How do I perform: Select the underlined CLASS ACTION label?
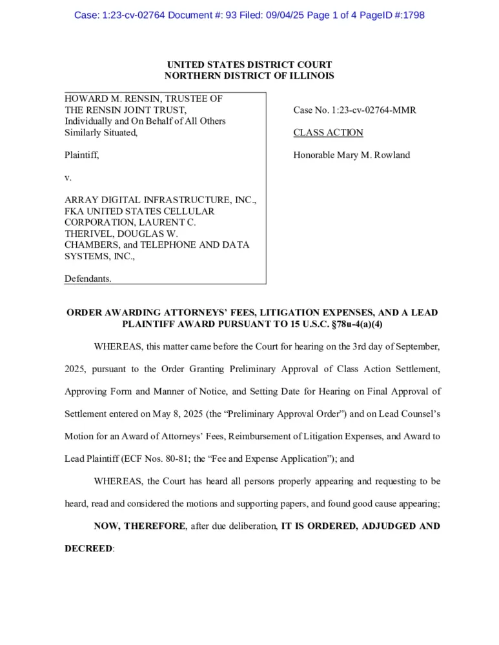[328, 133]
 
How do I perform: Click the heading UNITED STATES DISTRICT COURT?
[249, 65]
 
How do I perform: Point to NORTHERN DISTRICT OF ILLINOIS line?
[249, 76]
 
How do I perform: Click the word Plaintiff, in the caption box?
[82, 155]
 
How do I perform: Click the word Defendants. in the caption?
[88, 279]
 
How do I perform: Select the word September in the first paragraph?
[416, 347]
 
